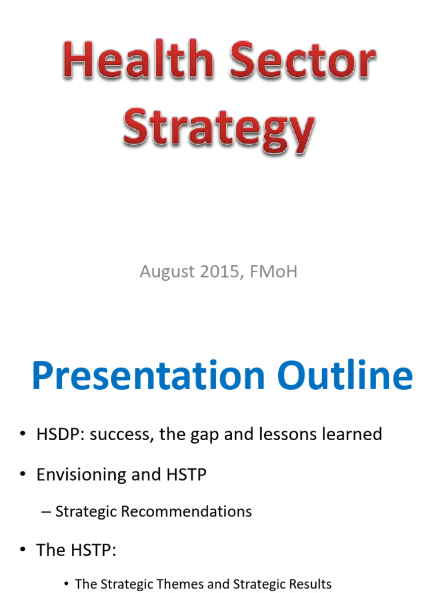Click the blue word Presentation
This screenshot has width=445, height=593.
(146, 376)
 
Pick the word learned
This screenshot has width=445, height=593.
(353, 434)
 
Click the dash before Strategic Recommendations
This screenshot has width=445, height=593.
(47, 512)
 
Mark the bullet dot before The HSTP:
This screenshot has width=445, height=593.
(22, 550)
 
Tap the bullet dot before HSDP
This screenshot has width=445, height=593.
(22, 434)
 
